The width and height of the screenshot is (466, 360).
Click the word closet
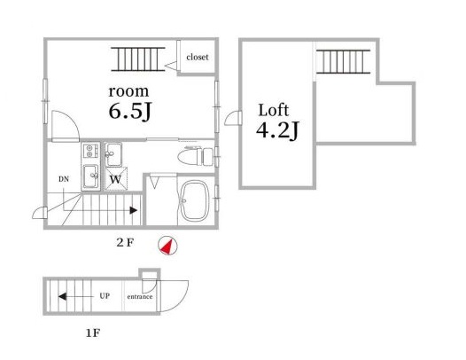point(198,57)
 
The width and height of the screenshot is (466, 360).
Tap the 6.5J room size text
point(130,112)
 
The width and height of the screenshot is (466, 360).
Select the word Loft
point(274,110)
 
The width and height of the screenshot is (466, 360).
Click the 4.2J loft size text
point(277,130)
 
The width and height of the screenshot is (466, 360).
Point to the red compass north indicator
point(167,246)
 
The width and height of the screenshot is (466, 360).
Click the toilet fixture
point(196,156)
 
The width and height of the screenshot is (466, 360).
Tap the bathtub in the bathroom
point(195,201)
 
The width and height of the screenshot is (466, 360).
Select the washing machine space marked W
point(116,179)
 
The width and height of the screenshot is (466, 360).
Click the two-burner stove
point(90,151)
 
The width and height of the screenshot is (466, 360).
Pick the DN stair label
point(64,179)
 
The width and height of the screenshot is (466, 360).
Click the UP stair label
point(105,296)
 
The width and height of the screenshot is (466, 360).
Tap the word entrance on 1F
point(140,297)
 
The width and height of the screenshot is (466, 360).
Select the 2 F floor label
point(125,243)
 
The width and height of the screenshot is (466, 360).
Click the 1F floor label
point(93,333)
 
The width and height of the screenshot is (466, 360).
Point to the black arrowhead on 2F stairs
point(133,210)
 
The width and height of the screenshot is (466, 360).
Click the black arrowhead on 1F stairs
point(62,296)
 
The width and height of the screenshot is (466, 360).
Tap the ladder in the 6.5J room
point(138,59)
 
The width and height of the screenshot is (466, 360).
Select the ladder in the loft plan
point(343,61)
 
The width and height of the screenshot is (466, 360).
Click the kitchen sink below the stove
point(90,176)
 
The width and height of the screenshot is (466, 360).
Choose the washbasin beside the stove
point(113,154)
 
